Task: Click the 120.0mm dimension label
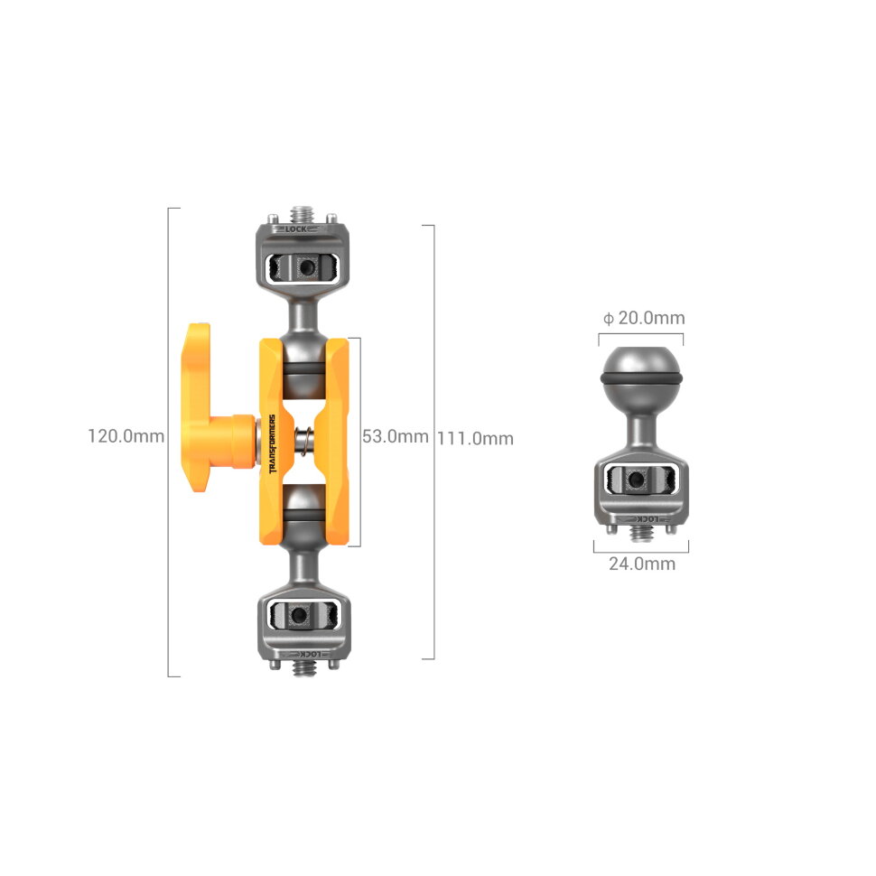click(x=126, y=435)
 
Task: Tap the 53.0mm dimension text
click(x=395, y=436)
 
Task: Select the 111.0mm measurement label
click(x=475, y=438)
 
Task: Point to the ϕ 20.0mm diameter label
click(x=644, y=318)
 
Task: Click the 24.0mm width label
click(x=640, y=564)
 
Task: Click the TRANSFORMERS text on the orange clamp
click(x=272, y=444)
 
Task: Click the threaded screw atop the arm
click(x=303, y=216)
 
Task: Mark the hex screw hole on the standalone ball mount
click(x=639, y=481)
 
